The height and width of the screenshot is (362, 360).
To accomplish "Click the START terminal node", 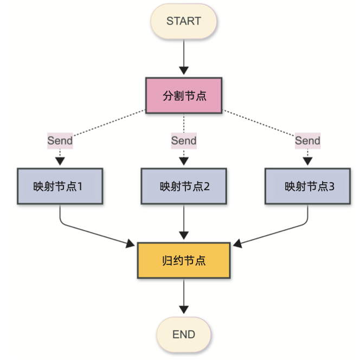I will pyautogui.click(x=184, y=22).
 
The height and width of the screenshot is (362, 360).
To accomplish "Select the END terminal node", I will pyautogui.click(x=184, y=334).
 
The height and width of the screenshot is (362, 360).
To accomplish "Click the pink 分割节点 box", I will pyautogui.click(x=184, y=95).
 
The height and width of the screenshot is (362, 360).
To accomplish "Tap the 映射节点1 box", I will pyautogui.click(x=60, y=186).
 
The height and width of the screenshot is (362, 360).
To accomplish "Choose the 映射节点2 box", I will pyautogui.click(x=184, y=186).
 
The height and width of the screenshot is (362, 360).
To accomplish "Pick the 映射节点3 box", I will pyautogui.click(x=308, y=186).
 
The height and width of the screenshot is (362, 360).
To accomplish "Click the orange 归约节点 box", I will pyautogui.click(x=184, y=260).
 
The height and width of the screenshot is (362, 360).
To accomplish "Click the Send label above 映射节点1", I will pyautogui.click(x=60, y=140).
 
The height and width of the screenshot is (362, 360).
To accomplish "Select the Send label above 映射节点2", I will pyautogui.click(x=184, y=140).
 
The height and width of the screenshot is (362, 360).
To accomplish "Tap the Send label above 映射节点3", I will pyautogui.click(x=307, y=140).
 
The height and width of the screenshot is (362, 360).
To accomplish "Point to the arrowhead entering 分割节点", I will pyautogui.click(x=184, y=70).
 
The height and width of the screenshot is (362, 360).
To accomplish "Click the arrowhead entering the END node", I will pyautogui.click(x=184, y=309).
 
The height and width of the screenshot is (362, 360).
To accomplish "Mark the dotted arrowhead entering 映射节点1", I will pyautogui.click(x=60, y=161).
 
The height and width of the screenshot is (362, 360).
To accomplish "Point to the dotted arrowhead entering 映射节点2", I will pyautogui.click(x=184, y=161).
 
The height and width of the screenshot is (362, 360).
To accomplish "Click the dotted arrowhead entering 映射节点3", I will pyautogui.click(x=308, y=161).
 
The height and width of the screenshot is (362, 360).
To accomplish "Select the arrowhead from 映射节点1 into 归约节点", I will pyautogui.click(x=131, y=244).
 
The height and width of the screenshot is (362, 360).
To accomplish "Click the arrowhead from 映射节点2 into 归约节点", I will pyautogui.click(x=184, y=236).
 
